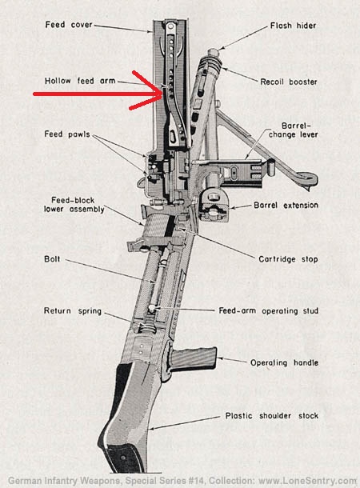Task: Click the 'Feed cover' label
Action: [69, 25]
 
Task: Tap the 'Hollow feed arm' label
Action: [80, 81]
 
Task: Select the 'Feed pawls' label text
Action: [67, 134]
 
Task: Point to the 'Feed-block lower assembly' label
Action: [74, 205]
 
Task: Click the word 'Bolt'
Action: [52, 259]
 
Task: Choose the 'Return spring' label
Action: [73, 311]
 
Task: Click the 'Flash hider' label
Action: [293, 26]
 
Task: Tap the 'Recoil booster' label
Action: [289, 82]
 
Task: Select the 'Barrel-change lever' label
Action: [294, 130]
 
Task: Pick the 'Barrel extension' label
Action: [286, 205]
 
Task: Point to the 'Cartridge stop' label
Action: [288, 259]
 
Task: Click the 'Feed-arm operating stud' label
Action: [269, 310]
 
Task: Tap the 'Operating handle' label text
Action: [284, 362]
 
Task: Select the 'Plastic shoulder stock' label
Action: [272, 416]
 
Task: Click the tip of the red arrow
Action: [162, 92]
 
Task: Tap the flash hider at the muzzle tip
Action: [214, 52]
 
